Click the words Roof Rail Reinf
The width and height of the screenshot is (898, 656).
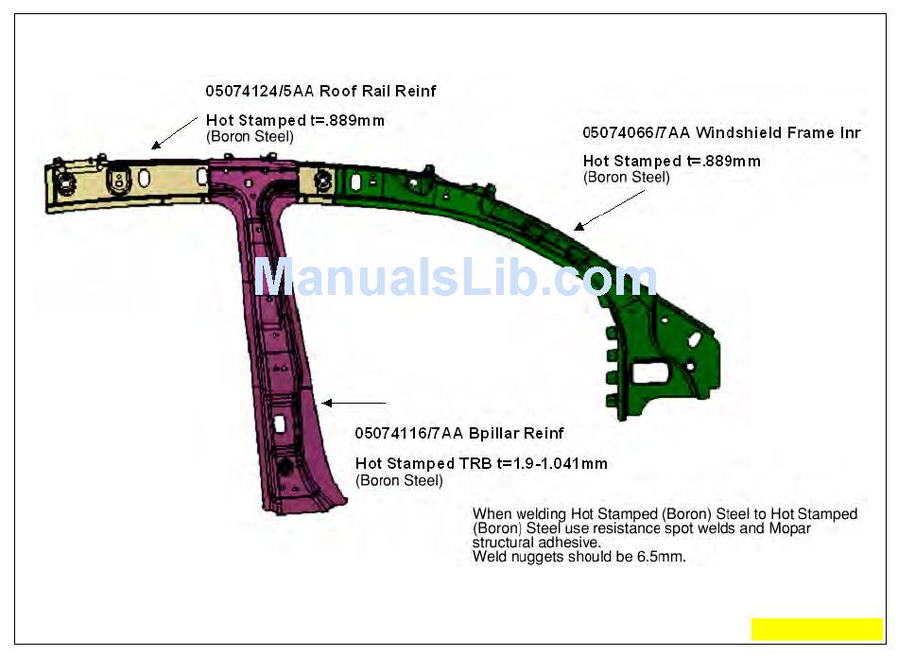click(x=377, y=92)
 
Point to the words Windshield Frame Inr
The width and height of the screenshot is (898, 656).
click(x=778, y=133)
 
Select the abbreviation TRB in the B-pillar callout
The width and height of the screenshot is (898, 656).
click(x=475, y=464)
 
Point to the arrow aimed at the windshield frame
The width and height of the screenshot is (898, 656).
click(x=610, y=209)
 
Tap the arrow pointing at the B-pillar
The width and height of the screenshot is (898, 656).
click(x=354, y=404)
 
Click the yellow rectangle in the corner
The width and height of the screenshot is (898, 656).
click(x=817, y=630)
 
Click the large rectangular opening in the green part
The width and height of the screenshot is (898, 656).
click(x=651, y=371)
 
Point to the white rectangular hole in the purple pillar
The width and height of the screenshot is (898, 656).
click(x=280, y=423)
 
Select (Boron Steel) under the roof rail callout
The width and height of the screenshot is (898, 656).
click(x=250, y=136)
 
